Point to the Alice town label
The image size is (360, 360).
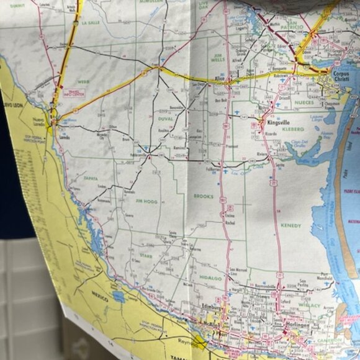(218, 79)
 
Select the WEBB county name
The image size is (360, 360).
(84, 81)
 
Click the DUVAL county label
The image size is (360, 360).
(164, 117)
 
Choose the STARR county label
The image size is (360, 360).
(146, 255)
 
